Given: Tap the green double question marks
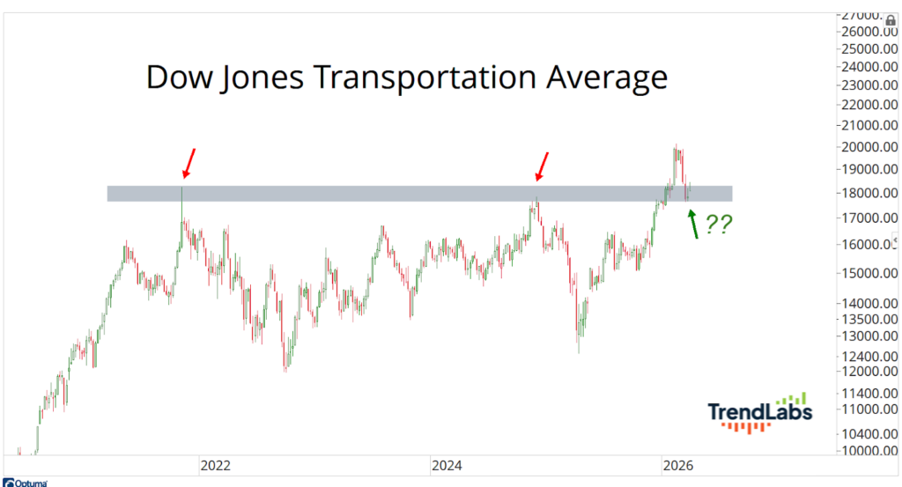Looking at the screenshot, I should pos(718,225).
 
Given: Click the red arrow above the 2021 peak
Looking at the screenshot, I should pos(189,163).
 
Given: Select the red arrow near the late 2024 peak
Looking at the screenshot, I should pos(543,166).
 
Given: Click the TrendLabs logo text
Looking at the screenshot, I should pos(759,411).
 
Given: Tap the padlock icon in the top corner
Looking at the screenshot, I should pos(890,19).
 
